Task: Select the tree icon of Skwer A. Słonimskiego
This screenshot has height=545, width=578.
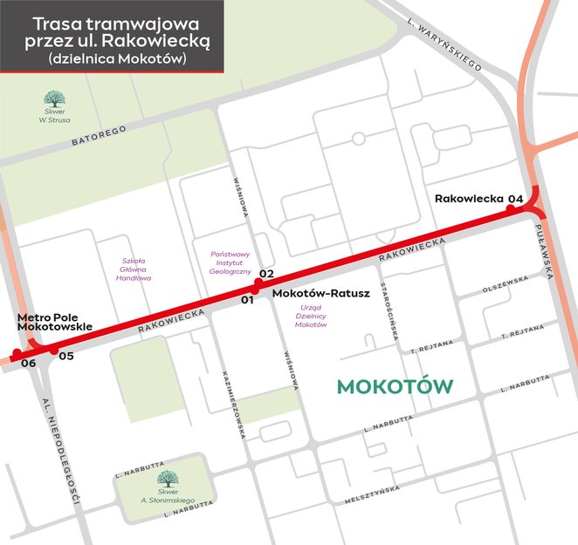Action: coord(164,478)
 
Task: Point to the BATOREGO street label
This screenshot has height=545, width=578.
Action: coord(99,134)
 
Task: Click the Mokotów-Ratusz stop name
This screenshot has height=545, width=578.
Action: coord(321,294)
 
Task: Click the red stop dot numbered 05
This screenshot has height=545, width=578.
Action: coord(53,351)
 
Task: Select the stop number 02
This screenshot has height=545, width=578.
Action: coord(266,274)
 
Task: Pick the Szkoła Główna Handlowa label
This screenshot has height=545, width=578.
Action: coord(135,269)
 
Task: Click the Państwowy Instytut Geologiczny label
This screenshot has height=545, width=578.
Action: coord(231,263)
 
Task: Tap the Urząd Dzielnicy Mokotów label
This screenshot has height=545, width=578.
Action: coord(311,316)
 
